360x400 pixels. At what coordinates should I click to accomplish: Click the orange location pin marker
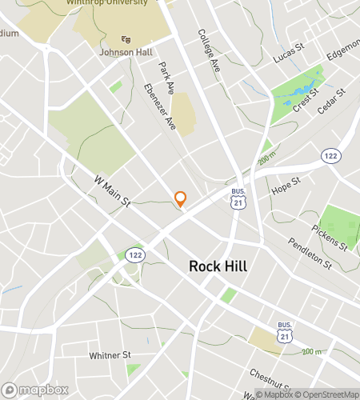(x=181, y=198)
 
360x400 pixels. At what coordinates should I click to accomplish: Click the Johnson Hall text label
(x=125, y=53)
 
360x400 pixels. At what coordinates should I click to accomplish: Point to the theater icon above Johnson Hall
(x=126, y=38)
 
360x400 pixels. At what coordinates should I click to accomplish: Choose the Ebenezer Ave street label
(x=160, y=106)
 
